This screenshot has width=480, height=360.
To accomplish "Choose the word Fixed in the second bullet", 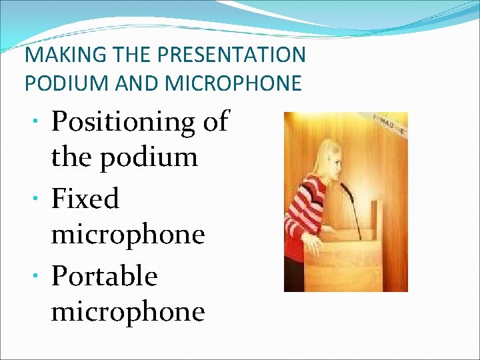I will [85, 199].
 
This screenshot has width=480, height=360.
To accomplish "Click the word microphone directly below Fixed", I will [127, 235].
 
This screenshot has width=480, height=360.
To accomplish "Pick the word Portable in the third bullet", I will [104, 276].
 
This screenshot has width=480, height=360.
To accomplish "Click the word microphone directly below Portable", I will [127, 312].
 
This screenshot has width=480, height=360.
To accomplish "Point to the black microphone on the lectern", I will [352, 207].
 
